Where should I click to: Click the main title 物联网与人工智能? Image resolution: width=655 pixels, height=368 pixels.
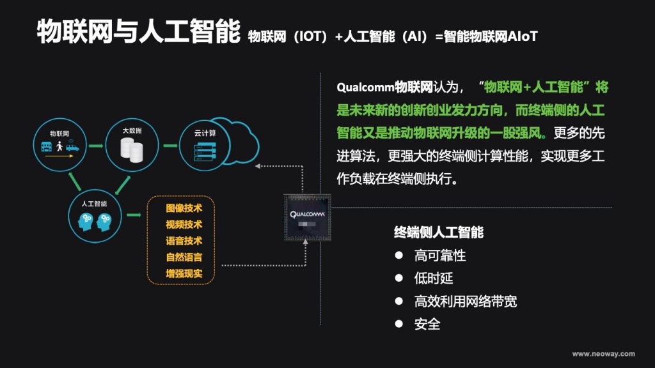click(139, 31)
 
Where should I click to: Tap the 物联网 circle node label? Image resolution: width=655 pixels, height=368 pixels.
click(59, 134)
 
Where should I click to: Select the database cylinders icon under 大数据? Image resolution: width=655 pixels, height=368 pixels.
click(132, 150)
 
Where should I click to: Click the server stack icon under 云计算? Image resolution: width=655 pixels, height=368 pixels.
click(205, 151)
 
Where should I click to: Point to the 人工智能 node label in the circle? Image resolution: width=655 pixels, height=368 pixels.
click(94, 204)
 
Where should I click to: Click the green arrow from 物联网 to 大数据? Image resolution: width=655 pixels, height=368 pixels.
click(96, 146)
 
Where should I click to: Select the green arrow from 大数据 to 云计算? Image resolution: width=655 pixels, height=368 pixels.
click(170, 146)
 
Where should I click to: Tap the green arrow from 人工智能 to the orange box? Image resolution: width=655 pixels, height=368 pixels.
click(134, 215)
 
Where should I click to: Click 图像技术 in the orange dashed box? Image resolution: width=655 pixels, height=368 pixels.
click(184, 208)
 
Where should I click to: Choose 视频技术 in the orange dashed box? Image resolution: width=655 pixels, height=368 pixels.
click(184, 224)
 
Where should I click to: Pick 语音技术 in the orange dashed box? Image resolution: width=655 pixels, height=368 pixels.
click(184, 241)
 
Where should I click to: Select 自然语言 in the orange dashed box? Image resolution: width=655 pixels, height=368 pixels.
click(184, 257)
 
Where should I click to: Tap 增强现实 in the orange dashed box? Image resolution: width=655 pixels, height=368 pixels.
click(184, 273)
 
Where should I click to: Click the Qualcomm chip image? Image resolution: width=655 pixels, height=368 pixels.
click(308, 217)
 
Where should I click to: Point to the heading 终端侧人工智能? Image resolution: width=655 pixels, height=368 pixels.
click(439, 232)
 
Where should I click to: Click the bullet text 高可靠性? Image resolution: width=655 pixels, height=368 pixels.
click(440, 256)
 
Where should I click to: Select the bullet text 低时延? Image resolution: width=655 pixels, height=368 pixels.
click(434, 279)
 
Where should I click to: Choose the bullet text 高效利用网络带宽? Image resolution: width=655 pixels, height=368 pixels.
click(466, 302)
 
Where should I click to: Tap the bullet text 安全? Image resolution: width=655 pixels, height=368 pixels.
click(427, 324)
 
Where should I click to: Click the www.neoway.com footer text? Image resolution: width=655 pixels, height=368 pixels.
click(604, 354)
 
